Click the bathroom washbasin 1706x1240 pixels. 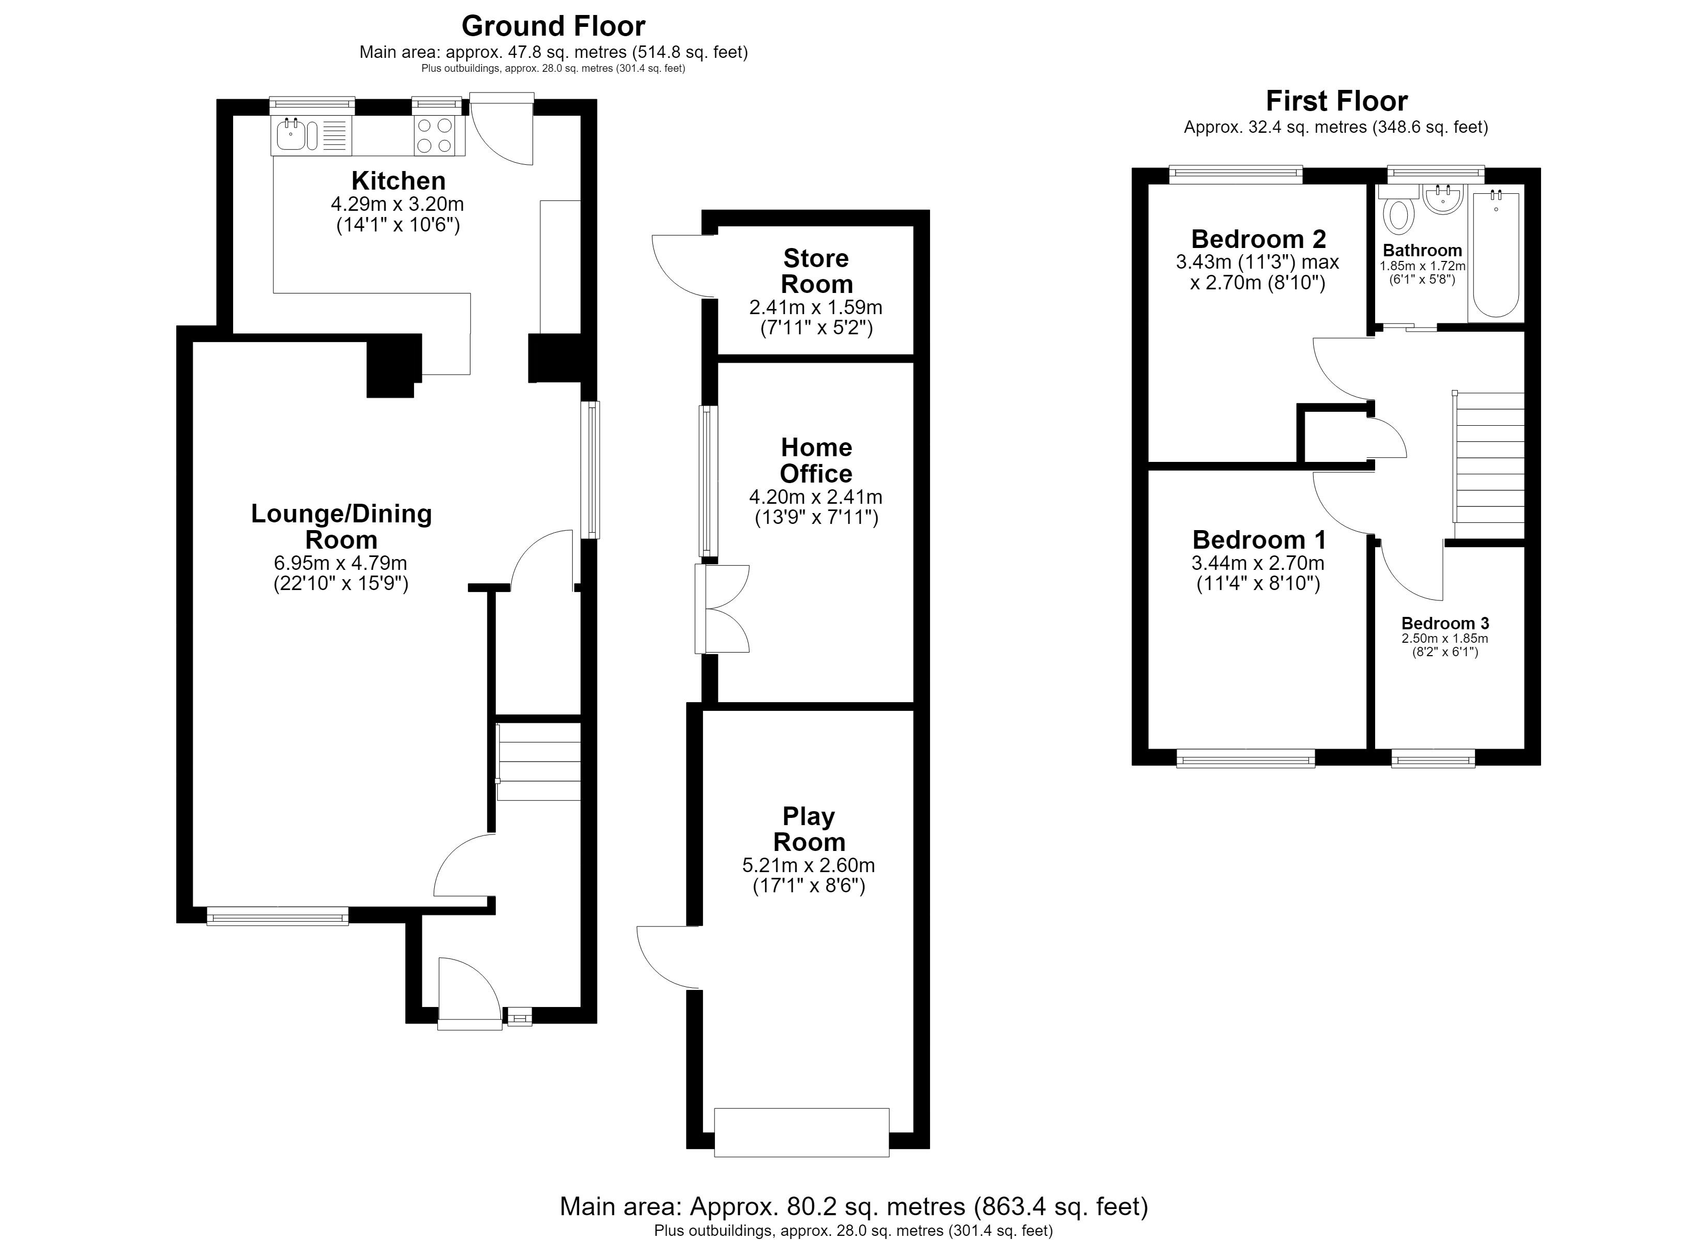click(x=1443, y=199)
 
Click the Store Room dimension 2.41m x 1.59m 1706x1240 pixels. click(x=816, y=307)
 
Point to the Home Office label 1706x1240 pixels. click(x=816, y=460)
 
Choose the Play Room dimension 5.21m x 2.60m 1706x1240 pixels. click(x=809, y=865)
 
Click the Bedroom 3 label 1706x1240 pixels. click(x=1445, y=624)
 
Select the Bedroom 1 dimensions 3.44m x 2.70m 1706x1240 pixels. click(x=1258, y=563)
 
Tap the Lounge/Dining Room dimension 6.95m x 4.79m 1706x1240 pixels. click(x=341, y=563)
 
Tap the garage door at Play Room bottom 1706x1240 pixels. click(x=802, y=1133)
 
